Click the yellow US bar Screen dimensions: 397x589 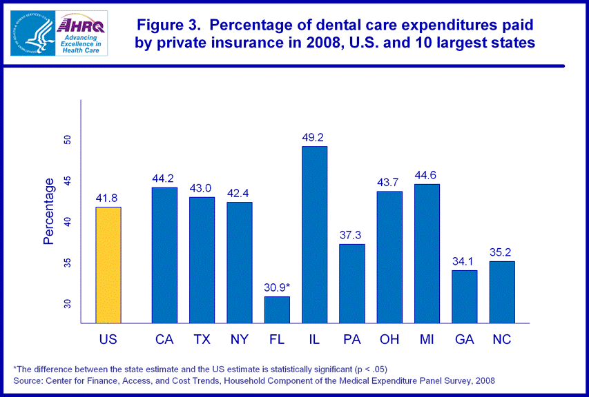point(108,265)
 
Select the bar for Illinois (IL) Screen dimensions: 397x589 point(314,234)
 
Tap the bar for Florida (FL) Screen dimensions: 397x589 point(277,309)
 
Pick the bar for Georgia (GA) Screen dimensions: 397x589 point(464,296)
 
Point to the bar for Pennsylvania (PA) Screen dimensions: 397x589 point(351,283)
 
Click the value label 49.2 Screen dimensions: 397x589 point(313,137)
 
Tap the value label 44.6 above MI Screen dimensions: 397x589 point(426,175)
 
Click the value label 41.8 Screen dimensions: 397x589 point(108,198)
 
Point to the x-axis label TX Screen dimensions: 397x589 point(202,340)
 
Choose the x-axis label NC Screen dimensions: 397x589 point(501,340)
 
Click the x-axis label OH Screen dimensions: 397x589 point(389,340)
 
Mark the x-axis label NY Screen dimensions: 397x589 point(239,340)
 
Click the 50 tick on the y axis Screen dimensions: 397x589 point(68,140)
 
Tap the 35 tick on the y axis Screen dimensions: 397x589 point(68,263)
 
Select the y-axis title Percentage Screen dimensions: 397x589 point(49,212)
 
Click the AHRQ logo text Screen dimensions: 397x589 point(72,25)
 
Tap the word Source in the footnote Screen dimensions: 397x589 point(28,380)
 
